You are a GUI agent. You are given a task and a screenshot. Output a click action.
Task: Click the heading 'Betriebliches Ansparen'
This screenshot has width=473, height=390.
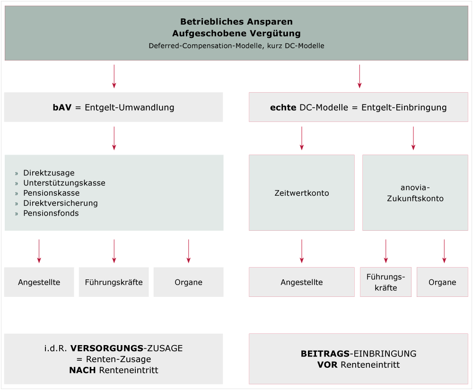[236, 22]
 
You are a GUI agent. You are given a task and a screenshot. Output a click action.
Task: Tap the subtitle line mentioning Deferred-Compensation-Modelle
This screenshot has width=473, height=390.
[236, 46]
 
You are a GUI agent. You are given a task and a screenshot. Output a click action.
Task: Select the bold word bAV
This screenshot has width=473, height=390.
[62, 107]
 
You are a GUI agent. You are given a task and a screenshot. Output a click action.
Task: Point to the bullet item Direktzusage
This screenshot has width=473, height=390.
[49, 173]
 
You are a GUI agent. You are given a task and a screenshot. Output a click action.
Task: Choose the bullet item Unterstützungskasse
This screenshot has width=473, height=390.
[64, 183]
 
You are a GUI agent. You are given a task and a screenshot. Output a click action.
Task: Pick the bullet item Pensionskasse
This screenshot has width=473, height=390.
[51, 193]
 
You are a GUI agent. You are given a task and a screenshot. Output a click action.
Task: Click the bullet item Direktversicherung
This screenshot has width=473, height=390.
[60, 203]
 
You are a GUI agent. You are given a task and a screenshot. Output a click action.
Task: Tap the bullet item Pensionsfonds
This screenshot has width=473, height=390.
[51, 213]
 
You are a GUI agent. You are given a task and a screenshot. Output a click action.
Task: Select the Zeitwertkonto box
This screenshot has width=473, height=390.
[302, 193]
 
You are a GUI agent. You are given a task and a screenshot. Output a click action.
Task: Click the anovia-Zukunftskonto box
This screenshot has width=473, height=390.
[415, 193]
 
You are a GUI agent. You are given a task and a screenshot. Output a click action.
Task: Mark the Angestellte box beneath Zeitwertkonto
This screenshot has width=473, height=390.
[302, 282]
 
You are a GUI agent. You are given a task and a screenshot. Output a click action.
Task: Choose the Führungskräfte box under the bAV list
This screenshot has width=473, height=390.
[114, 282]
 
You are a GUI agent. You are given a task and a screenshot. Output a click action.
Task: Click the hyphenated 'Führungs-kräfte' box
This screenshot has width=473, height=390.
[385, 282]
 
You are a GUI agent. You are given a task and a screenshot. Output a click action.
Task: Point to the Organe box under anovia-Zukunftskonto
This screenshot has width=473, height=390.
[442, 282]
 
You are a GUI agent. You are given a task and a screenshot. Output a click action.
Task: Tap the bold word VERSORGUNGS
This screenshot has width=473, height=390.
[106, 348]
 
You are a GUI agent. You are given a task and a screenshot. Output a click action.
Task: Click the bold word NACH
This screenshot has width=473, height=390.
[83, 370]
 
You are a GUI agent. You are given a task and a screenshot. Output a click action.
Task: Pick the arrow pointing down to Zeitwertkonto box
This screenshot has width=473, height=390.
[302, 138]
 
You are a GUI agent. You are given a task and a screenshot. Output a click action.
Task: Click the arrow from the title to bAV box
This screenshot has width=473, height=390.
[114, 76]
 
